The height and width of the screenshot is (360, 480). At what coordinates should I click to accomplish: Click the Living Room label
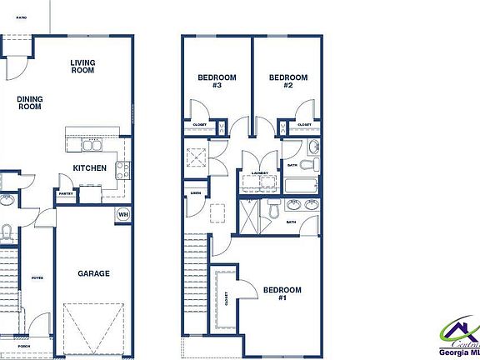(82, 67)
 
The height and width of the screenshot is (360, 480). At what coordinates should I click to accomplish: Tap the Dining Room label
(30, 102)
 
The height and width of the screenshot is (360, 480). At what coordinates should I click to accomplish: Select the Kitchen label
(89, 168)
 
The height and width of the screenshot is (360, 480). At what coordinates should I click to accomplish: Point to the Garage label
(94, 273)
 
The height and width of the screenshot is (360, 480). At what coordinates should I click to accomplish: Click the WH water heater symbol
(123, 214)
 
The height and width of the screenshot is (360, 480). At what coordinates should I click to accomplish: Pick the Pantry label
(66, 193)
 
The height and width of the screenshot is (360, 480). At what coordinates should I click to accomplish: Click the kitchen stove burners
(122, 171)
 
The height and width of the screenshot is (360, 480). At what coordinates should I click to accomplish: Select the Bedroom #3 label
(217, 82)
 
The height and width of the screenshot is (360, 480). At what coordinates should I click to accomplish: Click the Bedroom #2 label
(287, 82)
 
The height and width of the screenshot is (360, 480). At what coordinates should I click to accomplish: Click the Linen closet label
(195, 193)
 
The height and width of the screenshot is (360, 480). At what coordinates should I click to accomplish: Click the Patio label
(20, 16)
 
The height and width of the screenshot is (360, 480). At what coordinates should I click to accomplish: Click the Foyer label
(37, 278)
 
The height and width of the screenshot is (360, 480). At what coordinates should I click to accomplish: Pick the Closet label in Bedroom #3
(201, 125)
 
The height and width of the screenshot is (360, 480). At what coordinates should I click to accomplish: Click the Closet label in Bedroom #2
(304, 125)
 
